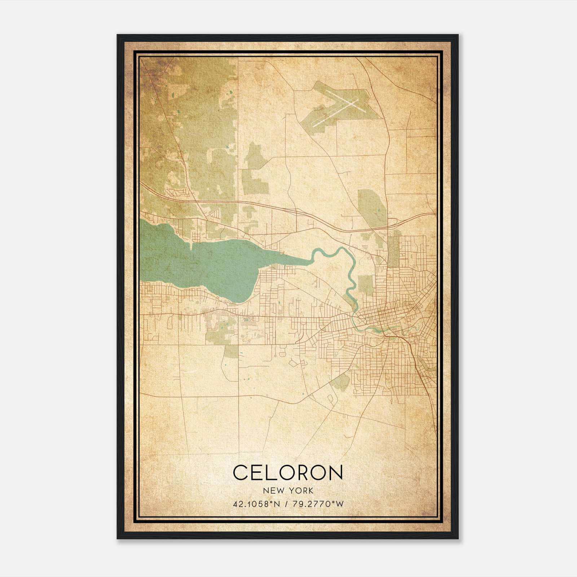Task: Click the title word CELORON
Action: coord(288,472)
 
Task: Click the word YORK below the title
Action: coord(301,491)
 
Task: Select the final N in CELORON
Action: coord(336,472)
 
